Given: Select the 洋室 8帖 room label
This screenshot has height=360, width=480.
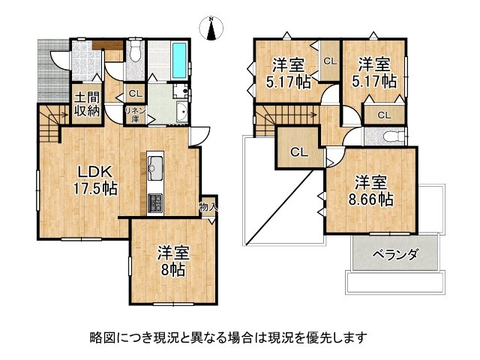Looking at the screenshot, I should point(172,259).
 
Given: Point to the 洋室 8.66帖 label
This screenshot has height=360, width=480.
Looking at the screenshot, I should point(370,190).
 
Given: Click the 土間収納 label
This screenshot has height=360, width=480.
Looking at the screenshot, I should point(86,105).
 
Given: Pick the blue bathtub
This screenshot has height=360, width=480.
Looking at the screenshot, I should point(181,59).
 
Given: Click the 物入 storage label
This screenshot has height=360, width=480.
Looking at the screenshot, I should point(208,208).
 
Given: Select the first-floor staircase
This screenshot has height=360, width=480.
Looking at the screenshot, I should point(49,124).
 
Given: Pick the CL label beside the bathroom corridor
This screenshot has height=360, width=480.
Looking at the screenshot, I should point(135,94).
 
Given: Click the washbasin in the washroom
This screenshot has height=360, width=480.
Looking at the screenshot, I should point(181,115).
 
